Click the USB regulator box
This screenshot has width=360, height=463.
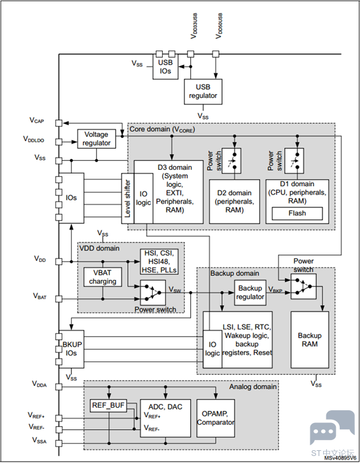click(x=203, y=91)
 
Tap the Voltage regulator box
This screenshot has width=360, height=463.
click(x=97, y=139)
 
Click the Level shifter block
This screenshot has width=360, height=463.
click(x=127, y=198)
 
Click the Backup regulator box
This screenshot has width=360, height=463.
click(x=249, y=293)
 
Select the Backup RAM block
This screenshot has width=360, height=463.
click(x=310, y=340)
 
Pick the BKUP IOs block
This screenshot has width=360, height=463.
click(x=71, y=348)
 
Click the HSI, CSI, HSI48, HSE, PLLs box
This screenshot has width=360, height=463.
click(x=160, y=261)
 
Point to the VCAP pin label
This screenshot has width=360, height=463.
click(x=36, y=120)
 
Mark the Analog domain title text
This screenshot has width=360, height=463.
click(x=253, y=386)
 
